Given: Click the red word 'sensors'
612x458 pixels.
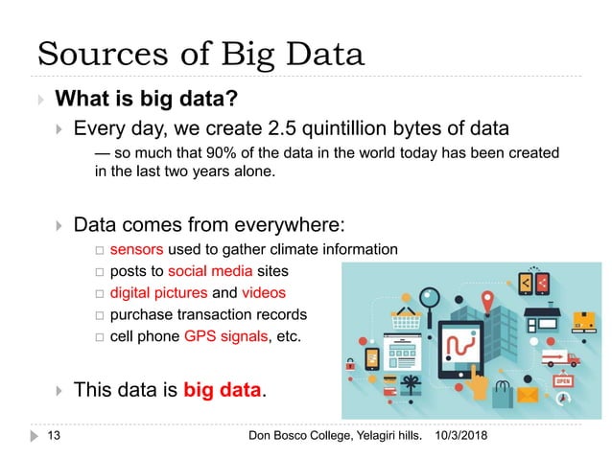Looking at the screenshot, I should (x=135, y=250).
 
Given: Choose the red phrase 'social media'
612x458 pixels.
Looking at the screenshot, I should (x=207, y=271).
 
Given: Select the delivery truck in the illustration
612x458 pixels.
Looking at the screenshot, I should (x=561, y=358).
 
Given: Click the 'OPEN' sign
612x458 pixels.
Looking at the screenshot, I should (x=563, y=381).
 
